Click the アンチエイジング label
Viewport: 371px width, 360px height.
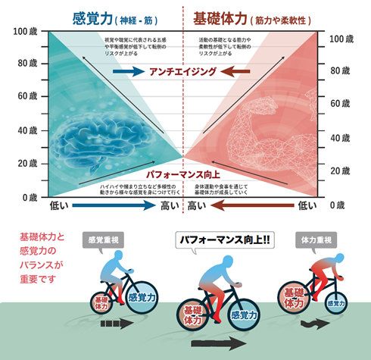(x=184, y=72)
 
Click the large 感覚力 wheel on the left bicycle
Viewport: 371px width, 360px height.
(x=143, y=298)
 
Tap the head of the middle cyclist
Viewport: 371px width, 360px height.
(x=225, y=266)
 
